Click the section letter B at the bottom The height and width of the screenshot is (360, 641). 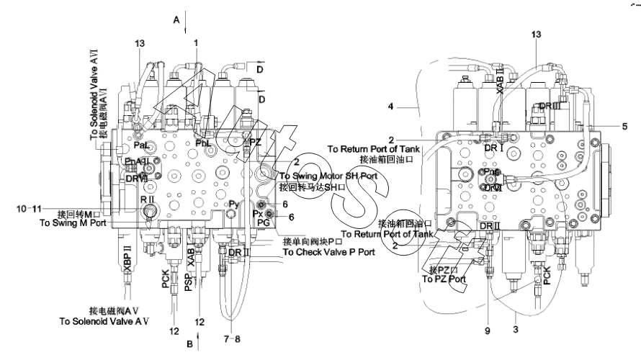(190, 344)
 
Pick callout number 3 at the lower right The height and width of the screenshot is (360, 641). (516, 329)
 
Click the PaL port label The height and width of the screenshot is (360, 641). (142, 146)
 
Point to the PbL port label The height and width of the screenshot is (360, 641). (203, 143)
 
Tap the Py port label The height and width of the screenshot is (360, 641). (233, 204)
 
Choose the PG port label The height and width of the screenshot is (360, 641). (263, 224)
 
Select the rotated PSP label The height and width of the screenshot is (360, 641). (188, 282)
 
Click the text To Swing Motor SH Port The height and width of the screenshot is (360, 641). (328, 176)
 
